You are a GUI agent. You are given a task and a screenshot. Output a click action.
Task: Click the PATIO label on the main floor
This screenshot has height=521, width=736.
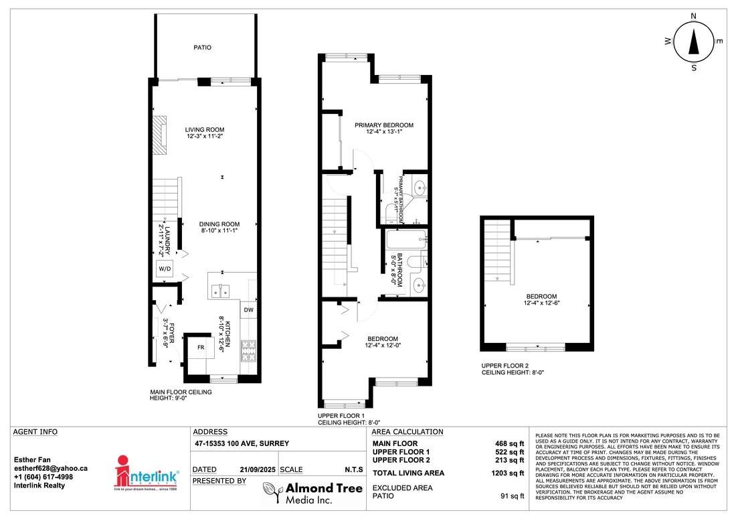[203, 48]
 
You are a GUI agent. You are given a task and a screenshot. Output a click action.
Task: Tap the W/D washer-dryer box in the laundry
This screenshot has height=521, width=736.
[165, 269]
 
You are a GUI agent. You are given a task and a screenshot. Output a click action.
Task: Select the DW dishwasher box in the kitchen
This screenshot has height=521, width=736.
[248, 309]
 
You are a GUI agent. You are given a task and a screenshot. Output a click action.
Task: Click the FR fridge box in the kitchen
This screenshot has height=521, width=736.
[200, 348]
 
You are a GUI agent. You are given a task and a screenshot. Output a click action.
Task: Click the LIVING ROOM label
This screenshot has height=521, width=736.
[205, 130]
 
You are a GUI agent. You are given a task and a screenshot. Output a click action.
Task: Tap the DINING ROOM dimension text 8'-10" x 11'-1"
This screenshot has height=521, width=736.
[219, 231]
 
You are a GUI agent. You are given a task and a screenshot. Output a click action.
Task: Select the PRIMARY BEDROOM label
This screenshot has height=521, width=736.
[384, 125]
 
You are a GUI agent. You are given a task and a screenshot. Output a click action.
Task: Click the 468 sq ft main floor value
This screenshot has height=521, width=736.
[509, 443]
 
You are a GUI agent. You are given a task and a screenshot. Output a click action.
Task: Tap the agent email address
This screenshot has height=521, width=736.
[51, 469]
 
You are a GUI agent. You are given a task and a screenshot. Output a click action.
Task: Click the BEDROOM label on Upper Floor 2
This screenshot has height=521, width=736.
[541, 297]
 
